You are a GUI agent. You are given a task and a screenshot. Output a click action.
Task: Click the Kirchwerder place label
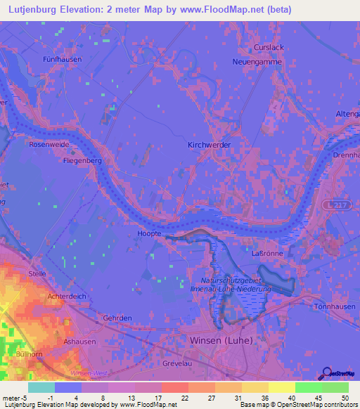click(x=210, y=145)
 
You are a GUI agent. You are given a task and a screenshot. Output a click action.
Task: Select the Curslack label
click(x=267, y=48)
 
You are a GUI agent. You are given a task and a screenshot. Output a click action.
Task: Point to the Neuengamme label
click(x=257, y=62)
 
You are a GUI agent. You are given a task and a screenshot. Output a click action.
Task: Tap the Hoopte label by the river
click(x=148, y=233)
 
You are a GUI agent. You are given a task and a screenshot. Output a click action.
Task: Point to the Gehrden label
click(x=117, y=318)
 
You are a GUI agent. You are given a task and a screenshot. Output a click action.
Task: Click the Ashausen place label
click(x=79, y=341)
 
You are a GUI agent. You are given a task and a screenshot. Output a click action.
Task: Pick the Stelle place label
click(x=37, y=273)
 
